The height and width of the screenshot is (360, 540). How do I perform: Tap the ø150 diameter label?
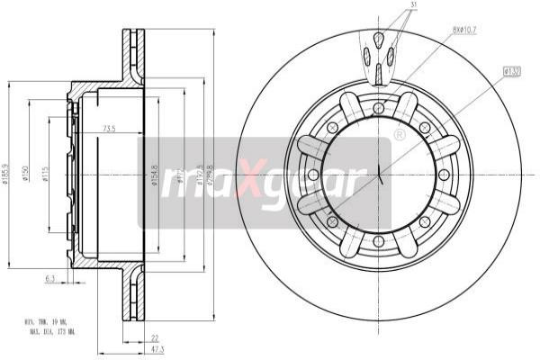pyautogui.click(x=29, y=174)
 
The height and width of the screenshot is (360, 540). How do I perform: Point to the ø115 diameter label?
pyautogui.click(x=46, y=174)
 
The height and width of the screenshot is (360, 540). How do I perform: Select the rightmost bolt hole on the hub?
pyautogui.click(x=444, y=175)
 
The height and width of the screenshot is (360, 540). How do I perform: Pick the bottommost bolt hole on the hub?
pyautogui.click(x=378, y=240)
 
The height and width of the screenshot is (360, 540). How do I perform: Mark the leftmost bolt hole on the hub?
pyautogui.click(x=312, y=175)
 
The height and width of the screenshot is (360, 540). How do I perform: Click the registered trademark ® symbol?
pyautogui.click(x=399, y=135)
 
